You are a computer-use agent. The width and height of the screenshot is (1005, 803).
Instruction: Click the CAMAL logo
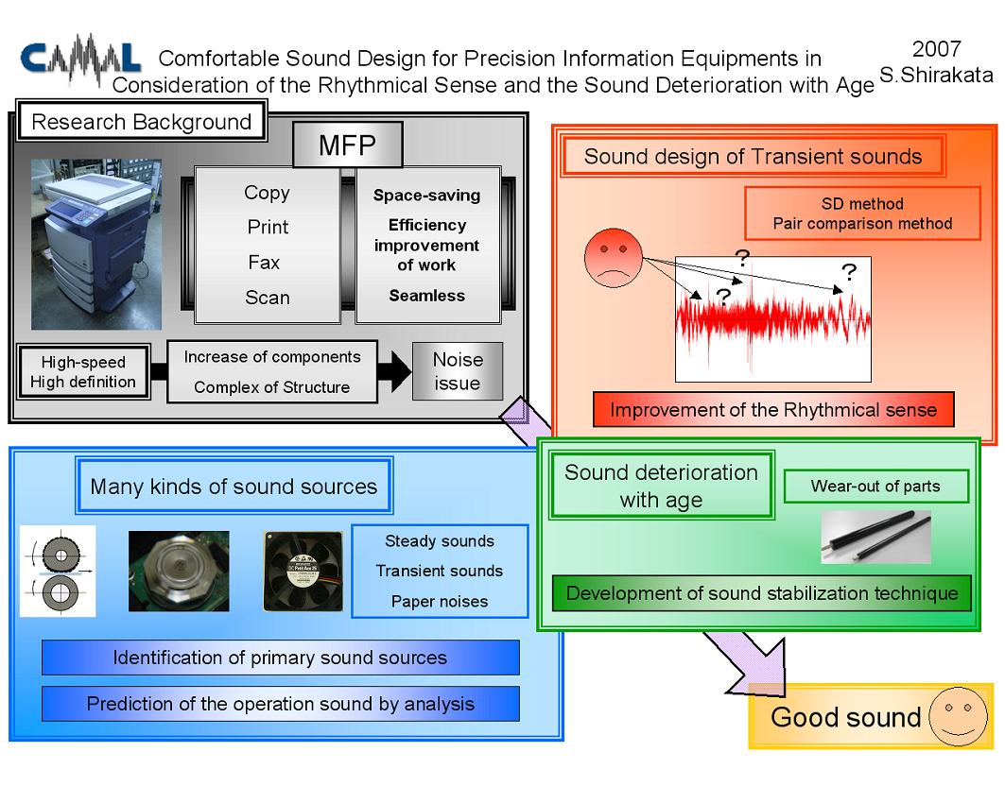point(80,59)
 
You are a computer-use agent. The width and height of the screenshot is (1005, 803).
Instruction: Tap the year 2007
point(936,49)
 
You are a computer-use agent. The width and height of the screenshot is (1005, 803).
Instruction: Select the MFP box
point(347,145)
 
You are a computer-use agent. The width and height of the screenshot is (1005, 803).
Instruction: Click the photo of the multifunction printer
point(96,244)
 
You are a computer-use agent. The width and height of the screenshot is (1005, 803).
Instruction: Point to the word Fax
point(264,263)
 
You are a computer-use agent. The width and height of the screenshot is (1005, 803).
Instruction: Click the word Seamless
point(427,295)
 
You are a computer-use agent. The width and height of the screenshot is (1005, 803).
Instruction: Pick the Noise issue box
point(458,370)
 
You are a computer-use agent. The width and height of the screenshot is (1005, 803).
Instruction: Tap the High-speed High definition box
point(83,372)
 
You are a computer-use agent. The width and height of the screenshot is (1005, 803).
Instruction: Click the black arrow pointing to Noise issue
point(394,371)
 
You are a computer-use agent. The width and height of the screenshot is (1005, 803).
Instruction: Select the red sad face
point(614,257)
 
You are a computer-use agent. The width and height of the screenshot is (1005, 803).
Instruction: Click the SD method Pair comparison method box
point(862,214)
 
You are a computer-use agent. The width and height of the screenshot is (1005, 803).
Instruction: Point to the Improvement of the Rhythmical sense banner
point(773,410)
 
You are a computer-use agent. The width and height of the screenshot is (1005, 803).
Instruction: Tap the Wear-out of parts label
point(875,486)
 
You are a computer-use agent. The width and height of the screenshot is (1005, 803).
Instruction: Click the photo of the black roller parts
point(875,537)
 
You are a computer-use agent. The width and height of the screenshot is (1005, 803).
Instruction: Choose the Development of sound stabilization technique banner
point(762,593)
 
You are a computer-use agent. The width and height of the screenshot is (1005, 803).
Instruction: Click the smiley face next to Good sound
point(959,716)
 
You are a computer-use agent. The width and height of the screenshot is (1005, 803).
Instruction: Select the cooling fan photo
point(303,572)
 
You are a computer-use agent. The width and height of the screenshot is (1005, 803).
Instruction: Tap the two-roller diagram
point(58,572)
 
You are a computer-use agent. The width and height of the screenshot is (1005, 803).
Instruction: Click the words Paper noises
point(440,601)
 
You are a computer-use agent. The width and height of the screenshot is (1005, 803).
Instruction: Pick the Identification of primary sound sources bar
point(280,658)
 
